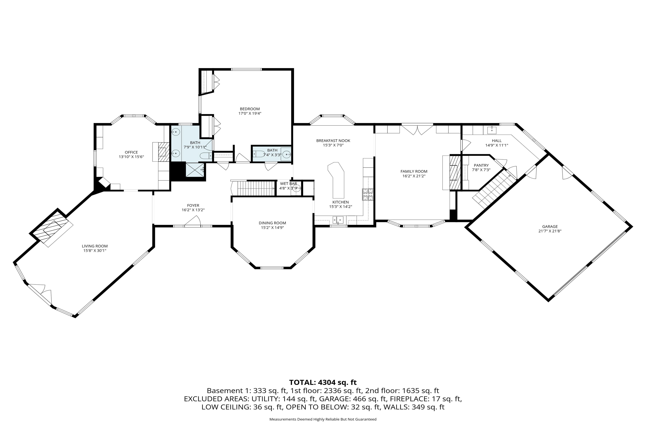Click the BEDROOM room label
point(250,109)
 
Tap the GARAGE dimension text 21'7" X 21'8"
point(550,231)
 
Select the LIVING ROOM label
point(95,246)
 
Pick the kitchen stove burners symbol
point(368,195)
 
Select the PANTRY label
point(481,165)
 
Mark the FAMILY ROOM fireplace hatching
point(455,173)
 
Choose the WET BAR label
point(288,184)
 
